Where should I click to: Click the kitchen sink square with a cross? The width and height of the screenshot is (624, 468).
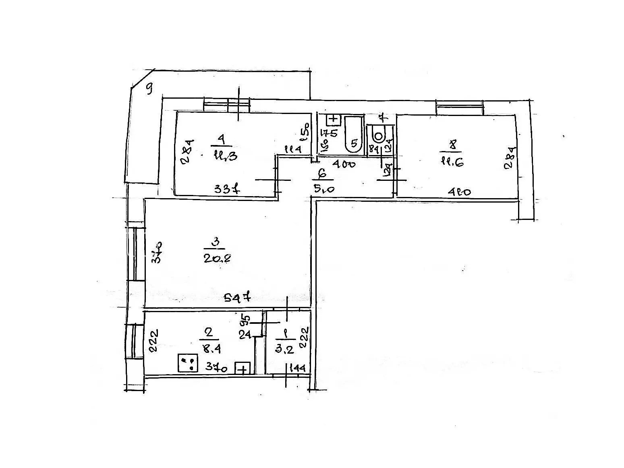pos(243,369)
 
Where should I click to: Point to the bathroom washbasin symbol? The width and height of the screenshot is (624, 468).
pos(334,119)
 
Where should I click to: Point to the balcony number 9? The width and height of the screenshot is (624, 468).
pos(149,89)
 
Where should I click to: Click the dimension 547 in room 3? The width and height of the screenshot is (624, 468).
pos(238,298)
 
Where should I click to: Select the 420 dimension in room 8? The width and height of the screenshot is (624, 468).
pos(459,192)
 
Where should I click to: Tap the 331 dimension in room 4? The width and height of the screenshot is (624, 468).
pos(227,188)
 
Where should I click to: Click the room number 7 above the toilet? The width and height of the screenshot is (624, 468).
pos(384,118)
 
